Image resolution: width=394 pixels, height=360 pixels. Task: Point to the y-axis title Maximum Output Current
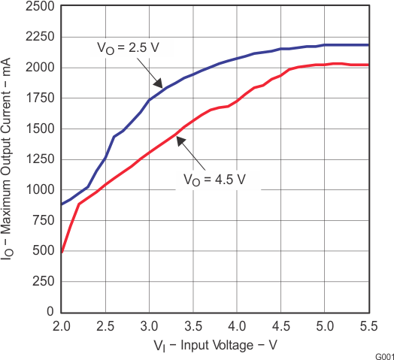(11, 158)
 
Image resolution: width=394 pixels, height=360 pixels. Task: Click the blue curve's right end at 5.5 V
(368, 45)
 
